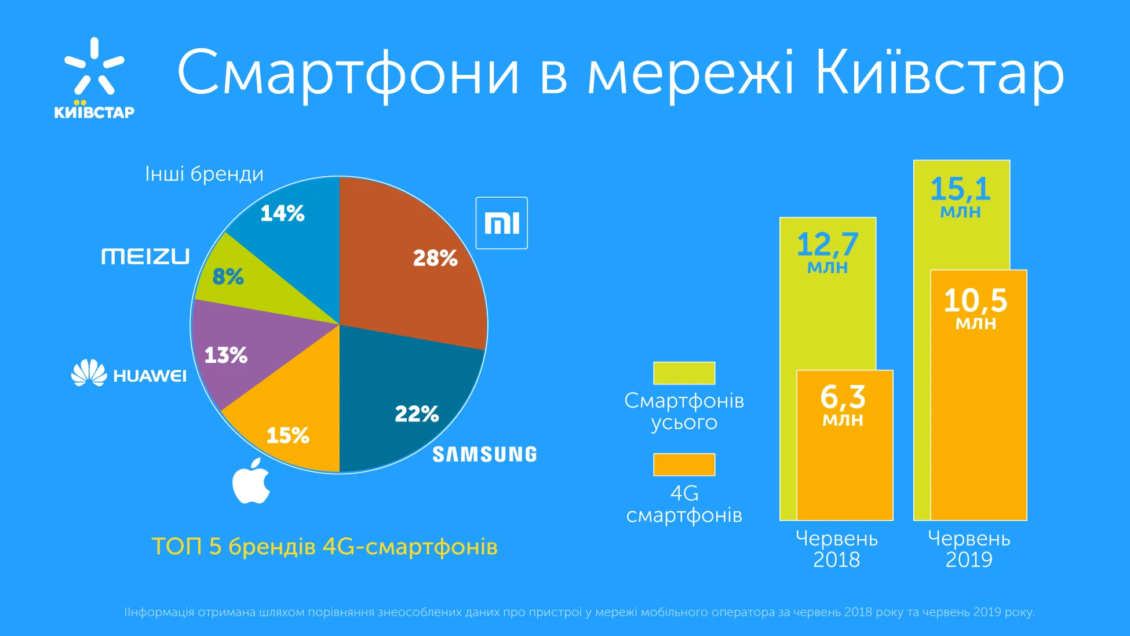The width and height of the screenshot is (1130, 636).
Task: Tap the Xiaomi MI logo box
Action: [x=501, y=223]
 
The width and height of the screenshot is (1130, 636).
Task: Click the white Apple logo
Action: [x=251, y=481]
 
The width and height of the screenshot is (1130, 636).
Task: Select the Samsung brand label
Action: [x=484, y=455]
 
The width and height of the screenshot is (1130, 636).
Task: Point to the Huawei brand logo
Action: [x=129, y=373]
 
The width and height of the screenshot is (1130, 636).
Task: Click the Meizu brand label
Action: [x=145, y=256]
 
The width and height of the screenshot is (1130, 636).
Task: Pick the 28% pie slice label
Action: [x=435, y=258]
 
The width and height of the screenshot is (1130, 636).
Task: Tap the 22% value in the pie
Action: [x=417, y=414]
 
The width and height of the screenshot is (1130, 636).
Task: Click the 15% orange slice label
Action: [x=287, y=435]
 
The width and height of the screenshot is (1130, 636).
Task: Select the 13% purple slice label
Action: [x=226, y=355]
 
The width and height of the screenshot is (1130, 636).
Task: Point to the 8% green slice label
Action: [x=228, y=277]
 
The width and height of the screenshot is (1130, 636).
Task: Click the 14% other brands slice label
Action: [x=282, y=213]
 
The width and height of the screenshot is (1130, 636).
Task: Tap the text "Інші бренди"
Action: [x=204, y=174]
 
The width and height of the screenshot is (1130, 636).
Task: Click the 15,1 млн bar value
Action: [x=960, y=196]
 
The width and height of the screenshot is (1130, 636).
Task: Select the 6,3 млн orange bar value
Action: [x=843, y=405]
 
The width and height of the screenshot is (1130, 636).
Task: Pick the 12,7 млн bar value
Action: [x=828, y=252]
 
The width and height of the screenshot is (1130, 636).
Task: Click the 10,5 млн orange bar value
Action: [x=976, y=308]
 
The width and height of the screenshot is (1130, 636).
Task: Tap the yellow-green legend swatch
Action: [x=684, y=373]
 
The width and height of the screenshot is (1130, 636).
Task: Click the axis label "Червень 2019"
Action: [x=969, y=548]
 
